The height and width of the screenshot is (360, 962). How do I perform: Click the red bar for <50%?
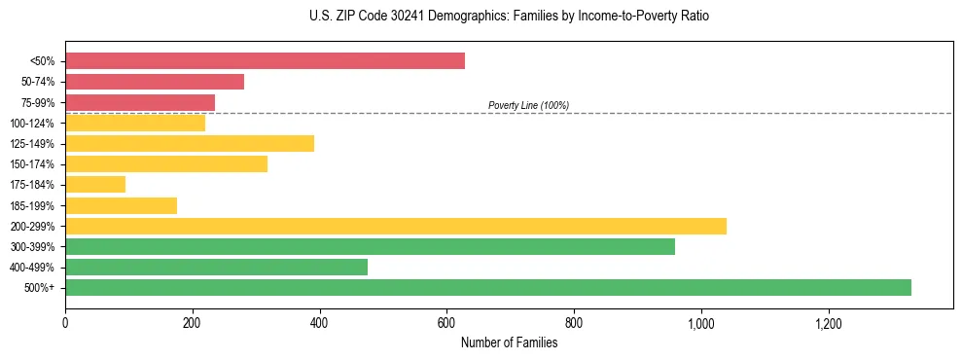pyautogui.click(x=265, y=61)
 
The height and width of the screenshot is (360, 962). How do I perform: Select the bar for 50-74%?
pyautogui.click(x=155, y=82)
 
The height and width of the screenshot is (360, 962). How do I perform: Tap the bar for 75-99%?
pyautogui.click(x=140, y=102)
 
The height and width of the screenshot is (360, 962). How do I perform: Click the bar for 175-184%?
pyautogui.click(x=95, y=184)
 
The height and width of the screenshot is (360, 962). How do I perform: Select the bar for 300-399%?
pyautogui.click(x=370, y=246)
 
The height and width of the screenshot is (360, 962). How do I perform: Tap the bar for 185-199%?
pyautogui.click(x=121, y=205)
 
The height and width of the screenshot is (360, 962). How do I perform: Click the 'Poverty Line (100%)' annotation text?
pyautogui.click(x=528, y=105)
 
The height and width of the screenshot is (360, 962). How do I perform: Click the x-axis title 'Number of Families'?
pyautogui.click(x=509, y=342)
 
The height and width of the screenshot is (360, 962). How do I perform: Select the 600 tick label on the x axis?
pyautogui.click(x=446, y=323)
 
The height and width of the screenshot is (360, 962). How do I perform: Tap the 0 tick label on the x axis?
pyautogui.click(x=65, y=323)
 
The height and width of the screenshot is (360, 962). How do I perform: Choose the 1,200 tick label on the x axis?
pyautogui.click(x=828, y=323)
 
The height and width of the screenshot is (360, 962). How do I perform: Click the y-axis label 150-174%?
pyautogui.click(x=32, y=164)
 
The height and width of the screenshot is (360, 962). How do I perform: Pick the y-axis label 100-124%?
pyautogui.click(x=32, y=124)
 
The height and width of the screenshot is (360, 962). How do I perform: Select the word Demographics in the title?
pyautogui.click(x=438, y=17)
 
